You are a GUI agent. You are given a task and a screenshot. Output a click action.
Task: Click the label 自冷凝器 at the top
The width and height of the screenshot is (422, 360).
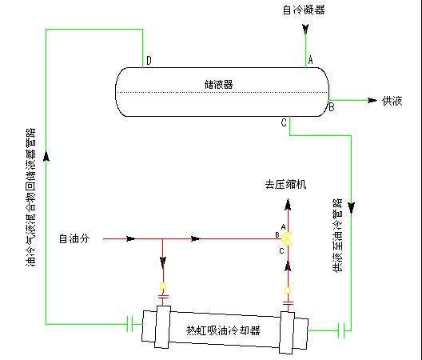click(304, 10)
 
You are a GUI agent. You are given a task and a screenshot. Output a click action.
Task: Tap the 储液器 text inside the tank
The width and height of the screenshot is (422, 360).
click(218, 84)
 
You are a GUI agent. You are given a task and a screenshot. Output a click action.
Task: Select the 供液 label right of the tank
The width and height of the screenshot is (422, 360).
click(392, 101)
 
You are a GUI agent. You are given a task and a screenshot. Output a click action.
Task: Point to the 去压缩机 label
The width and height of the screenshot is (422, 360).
click(285, 185)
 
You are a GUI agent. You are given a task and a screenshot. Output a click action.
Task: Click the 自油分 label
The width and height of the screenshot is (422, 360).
click(74, 238)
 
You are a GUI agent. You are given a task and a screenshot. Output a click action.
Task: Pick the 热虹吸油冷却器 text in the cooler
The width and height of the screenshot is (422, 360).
click(223, 330)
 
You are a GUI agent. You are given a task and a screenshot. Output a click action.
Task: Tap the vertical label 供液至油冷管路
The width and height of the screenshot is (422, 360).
click(338, 235)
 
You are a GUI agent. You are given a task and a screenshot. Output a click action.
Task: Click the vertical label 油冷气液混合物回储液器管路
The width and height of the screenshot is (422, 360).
click(30, 198)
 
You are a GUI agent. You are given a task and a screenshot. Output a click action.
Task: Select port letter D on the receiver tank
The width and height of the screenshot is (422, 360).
click(149, 60)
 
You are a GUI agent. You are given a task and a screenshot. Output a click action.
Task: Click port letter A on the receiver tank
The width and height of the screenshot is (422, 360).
click(311, 59)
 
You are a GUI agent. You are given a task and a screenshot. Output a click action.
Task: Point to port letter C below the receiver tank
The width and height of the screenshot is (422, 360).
click(284, 122)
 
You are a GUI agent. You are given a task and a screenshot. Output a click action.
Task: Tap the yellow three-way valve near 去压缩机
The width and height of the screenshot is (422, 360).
click(287, 238)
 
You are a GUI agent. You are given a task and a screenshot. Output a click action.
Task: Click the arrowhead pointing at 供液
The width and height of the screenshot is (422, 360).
click(372, 101)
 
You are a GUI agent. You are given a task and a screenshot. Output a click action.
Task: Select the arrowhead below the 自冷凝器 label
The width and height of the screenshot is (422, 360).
click(305, 29)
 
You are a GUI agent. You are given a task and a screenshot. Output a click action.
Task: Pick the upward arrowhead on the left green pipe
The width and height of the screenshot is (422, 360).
click(46, 157)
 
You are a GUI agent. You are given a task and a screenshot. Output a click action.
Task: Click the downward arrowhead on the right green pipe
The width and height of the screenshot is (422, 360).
click(351, 207)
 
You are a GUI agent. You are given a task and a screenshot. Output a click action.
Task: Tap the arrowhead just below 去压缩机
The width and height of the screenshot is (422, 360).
click(288, 205)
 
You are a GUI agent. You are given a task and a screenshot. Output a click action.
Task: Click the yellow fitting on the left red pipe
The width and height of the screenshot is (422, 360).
click(163, 286)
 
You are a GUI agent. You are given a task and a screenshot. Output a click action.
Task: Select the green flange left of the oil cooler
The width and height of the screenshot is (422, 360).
click(129, 324)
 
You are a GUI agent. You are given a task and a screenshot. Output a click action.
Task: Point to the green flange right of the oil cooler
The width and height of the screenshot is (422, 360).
click(341, 330)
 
